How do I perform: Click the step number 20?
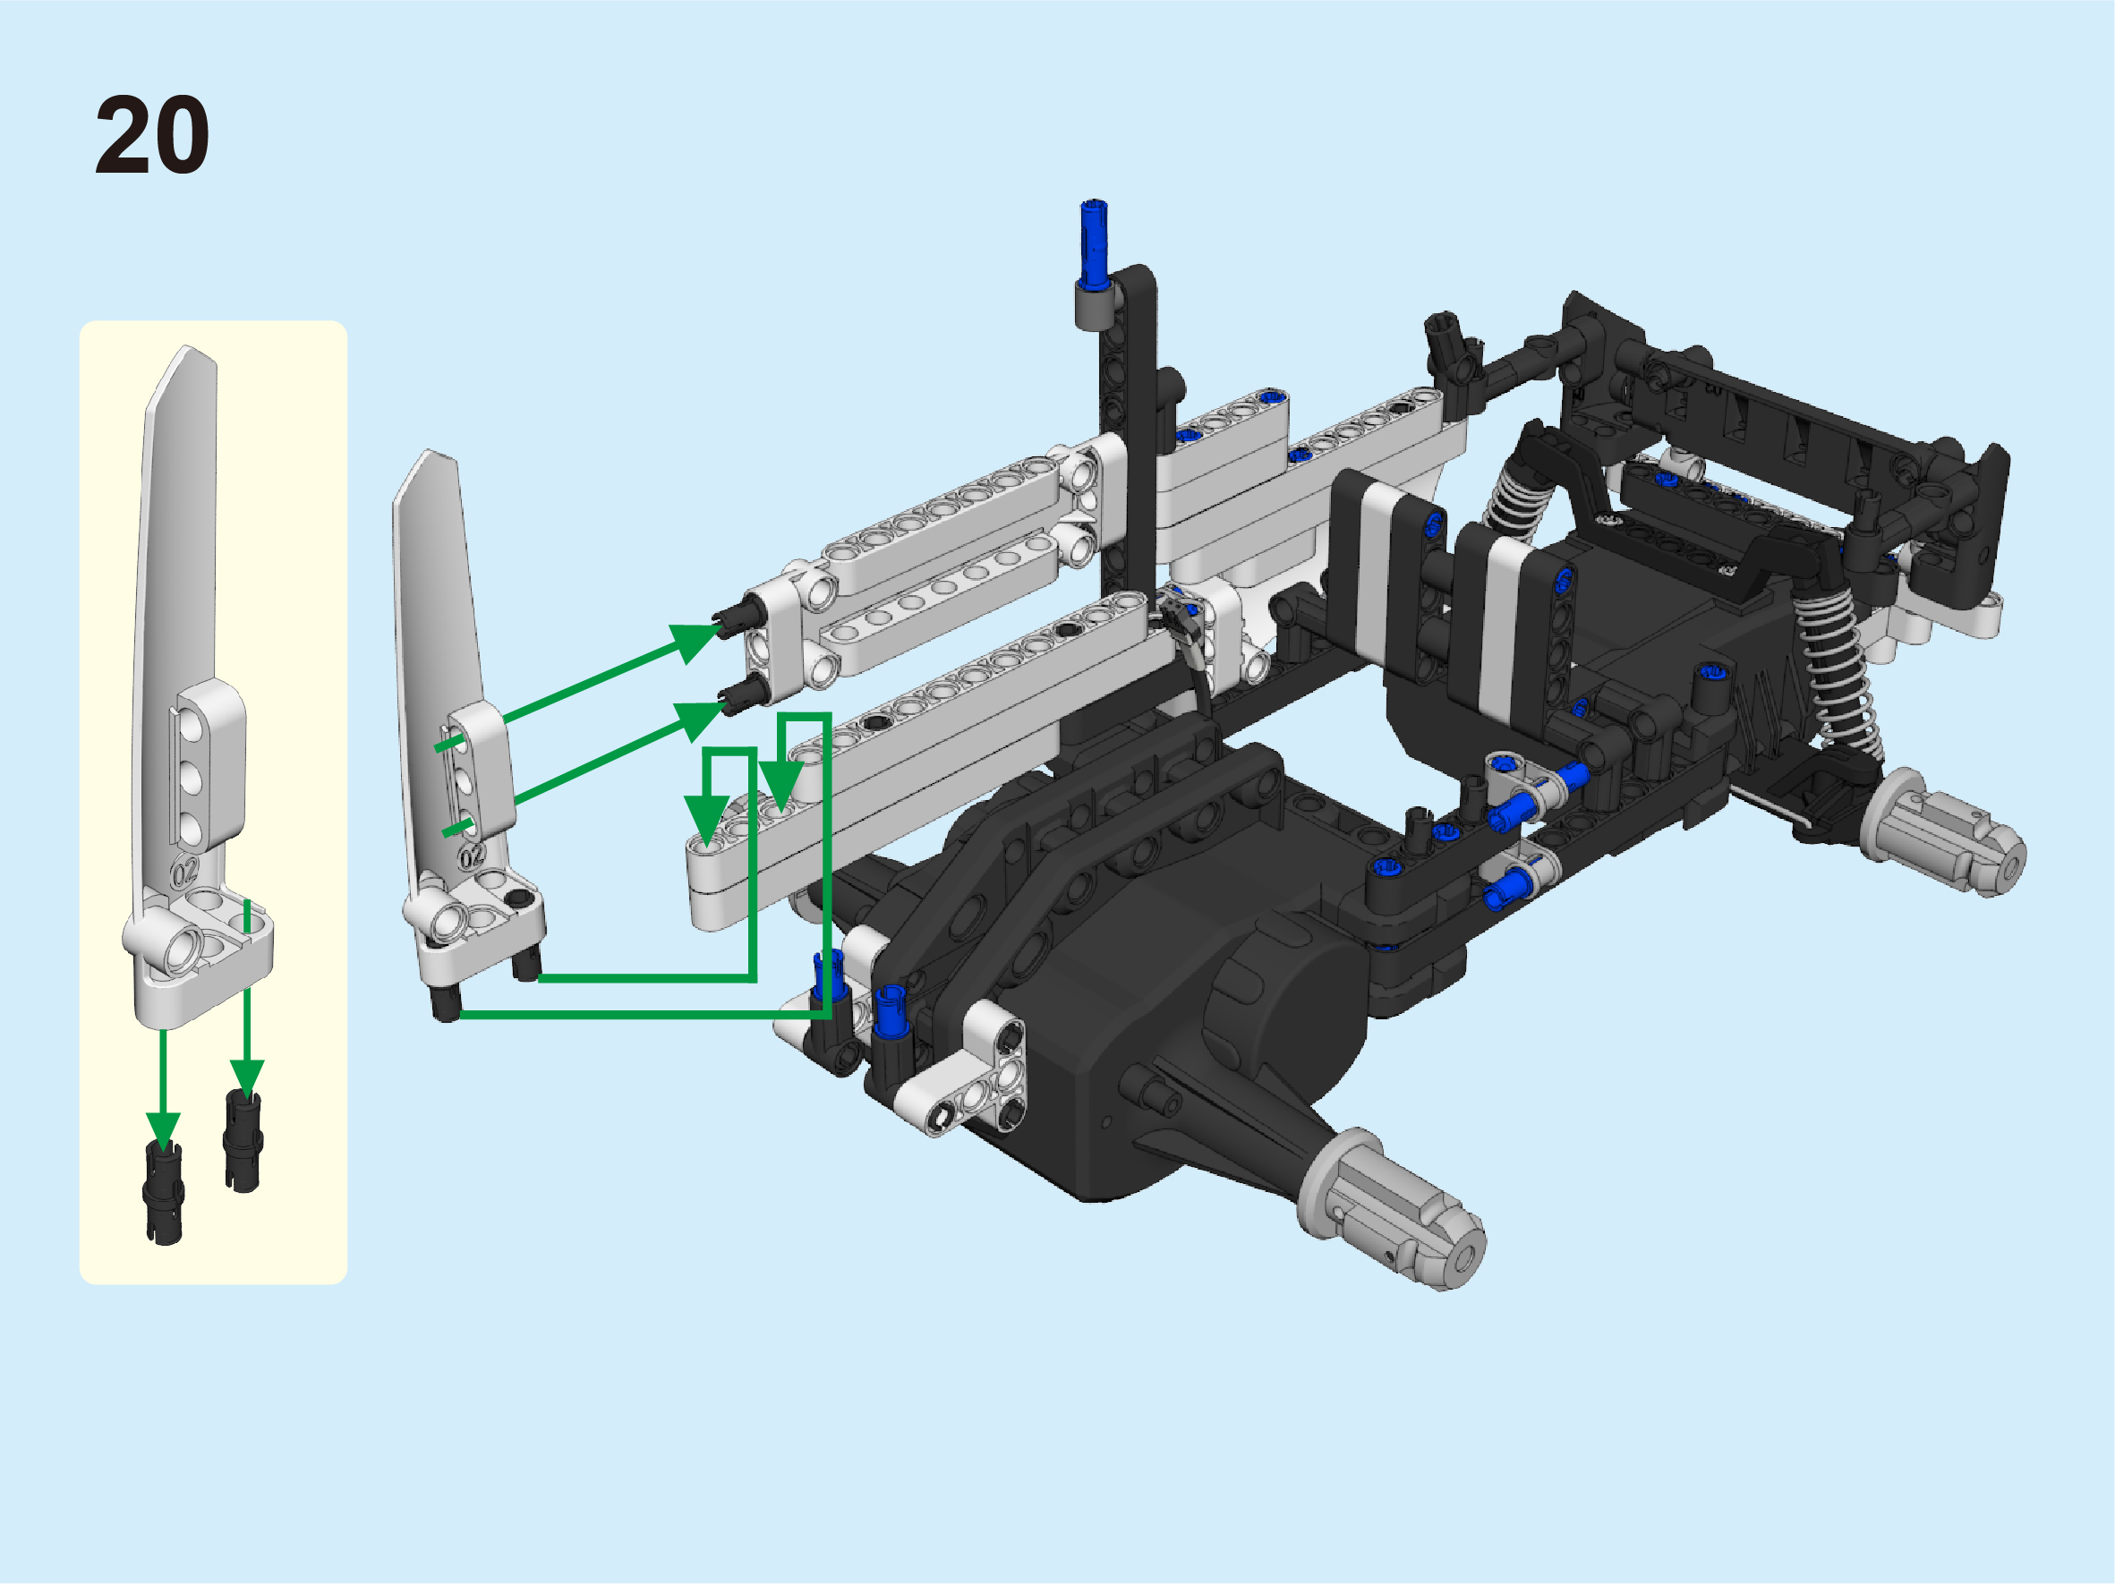pyautogui.click(x=152, y=135)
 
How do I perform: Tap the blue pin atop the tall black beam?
pyautogui.click(x=1094, y=243)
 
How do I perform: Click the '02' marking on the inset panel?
pyautogui.click(x=184, y=871)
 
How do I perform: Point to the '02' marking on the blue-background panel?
pyautogui.click(x=473, y=856)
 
